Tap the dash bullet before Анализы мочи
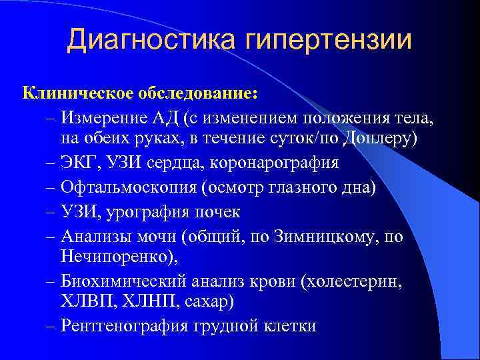[x=51, y=237]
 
